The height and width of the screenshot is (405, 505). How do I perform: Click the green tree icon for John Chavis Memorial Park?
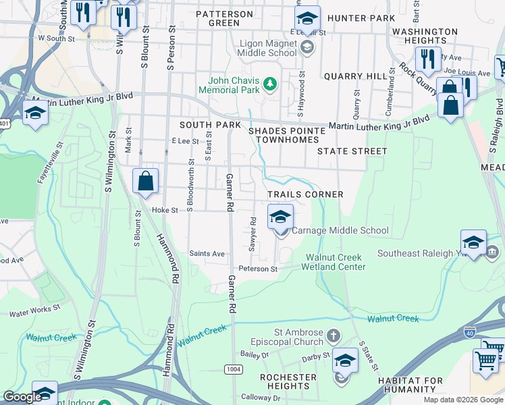[x=270, y=84]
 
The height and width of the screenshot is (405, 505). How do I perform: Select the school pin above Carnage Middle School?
[x=280, y=217]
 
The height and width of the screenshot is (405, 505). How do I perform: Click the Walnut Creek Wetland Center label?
[x=336, y=262]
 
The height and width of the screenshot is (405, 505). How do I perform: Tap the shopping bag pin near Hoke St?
[x=145, y=182]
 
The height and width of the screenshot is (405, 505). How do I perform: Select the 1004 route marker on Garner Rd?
[x=232, y=369]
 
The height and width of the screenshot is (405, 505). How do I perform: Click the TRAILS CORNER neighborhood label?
[x=305, y=194]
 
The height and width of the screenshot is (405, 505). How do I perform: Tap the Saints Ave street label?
[x=207, y=254]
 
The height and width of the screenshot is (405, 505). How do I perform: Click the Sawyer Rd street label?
[x=252, y=234]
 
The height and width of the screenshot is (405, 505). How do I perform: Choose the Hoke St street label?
[x=164, y=210]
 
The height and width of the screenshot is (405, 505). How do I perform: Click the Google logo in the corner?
[x=22, y=398]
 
